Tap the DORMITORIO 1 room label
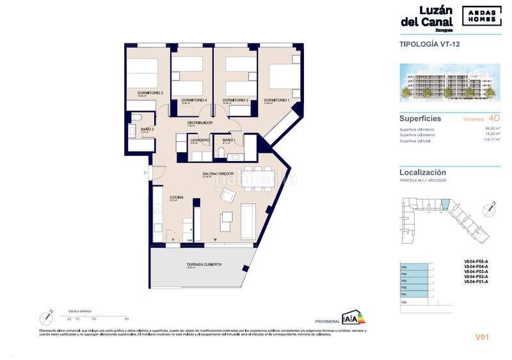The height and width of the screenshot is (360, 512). point(277,100)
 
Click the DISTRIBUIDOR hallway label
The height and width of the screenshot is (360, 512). point(200,123)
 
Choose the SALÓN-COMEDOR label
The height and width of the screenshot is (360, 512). point(218,173)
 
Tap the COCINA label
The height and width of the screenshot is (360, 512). point(177,198)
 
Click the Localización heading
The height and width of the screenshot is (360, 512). point(423,173)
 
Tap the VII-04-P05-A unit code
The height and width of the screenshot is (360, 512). point(476,262)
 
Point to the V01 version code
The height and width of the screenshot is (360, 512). point(482,338)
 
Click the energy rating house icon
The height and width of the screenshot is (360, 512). point(351,318)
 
